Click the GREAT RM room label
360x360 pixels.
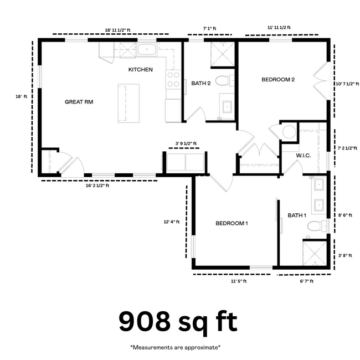point(79,102)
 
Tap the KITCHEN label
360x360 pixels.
point(140,70)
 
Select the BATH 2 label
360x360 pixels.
point(201,84)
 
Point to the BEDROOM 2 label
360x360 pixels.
point(278,80)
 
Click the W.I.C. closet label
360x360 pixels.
point(303,156)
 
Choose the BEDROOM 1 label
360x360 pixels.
point(232,223)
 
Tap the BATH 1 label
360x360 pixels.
point(297,215)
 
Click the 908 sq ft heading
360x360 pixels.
point(178,322)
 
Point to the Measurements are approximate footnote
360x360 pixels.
point(175,347)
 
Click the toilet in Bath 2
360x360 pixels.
point(223,81)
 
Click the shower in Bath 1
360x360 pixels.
point(315,253)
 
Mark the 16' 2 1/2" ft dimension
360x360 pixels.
point(97,186)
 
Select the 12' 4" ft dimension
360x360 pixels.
point(172,222)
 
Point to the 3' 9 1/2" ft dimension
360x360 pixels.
point(186,143)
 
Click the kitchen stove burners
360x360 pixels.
point(173,80)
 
